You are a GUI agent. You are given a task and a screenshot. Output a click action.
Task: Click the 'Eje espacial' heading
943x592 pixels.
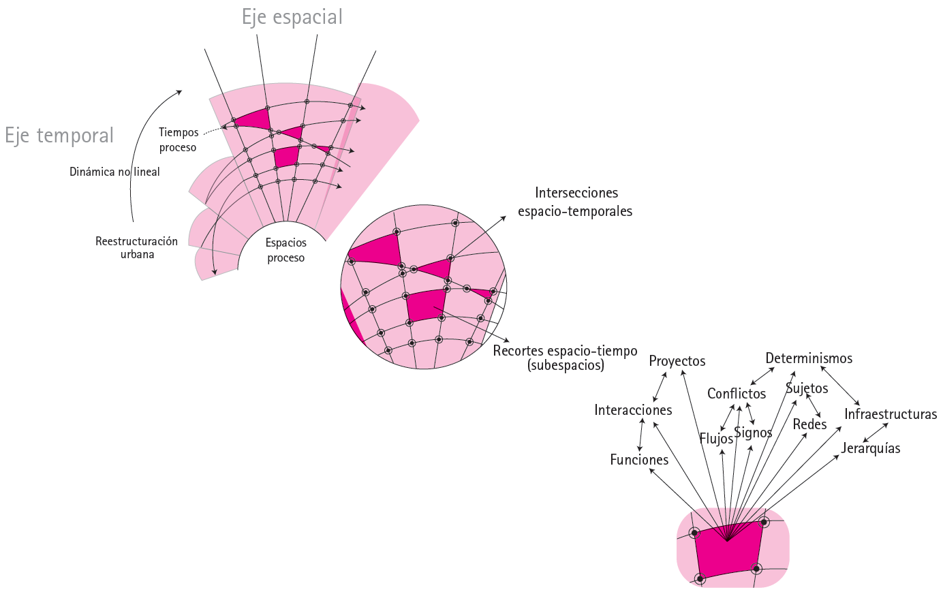(292, 17)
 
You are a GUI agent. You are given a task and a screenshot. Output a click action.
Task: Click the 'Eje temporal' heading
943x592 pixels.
(59, 136)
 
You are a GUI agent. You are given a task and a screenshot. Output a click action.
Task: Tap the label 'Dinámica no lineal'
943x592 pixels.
(114, 172)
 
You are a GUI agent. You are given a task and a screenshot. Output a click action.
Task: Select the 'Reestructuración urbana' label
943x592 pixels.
(136, 247)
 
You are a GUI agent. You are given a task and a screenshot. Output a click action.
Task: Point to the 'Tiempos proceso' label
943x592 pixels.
(179, 140)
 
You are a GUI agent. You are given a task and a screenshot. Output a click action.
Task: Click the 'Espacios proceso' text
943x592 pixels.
(286, 250)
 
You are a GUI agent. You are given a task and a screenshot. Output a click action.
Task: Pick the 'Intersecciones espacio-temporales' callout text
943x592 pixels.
(576, 202)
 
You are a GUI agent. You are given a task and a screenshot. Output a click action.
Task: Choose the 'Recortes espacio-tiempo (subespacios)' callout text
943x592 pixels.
(566, 358)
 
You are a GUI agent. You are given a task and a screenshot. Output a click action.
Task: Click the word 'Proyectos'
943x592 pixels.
(677, 361)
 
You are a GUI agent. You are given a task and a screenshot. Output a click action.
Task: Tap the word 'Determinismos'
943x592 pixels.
(809, 358)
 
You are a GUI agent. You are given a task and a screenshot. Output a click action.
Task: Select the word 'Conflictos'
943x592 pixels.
(737, 394)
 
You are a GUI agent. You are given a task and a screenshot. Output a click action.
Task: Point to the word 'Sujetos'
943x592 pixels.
(807, 388)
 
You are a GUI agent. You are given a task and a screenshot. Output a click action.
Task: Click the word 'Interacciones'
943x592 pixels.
(633, 410)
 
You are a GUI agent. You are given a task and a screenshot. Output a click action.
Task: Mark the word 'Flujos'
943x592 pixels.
(716, 438)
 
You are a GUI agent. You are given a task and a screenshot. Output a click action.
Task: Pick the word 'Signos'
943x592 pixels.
(753, 433)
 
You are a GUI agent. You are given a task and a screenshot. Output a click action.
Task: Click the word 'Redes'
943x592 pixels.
(809, 424)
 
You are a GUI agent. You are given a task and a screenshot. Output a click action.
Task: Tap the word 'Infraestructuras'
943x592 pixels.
(891, 414)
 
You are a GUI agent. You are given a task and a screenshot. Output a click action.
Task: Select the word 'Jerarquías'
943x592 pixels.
(871, 448)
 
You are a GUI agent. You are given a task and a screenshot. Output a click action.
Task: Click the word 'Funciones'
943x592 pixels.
(639, 460)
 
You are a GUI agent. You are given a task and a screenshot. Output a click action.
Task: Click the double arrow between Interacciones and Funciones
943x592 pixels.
(641, 435)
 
